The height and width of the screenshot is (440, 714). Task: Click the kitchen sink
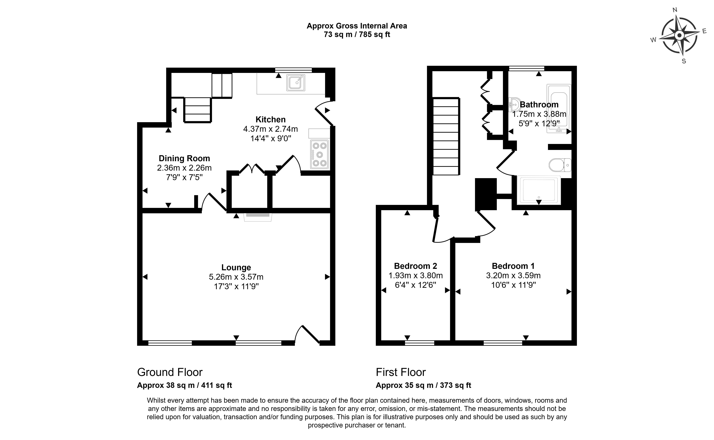[x=296, y=83]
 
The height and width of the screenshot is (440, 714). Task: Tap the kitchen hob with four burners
[x=319, y=154]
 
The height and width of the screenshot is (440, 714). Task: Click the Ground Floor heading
[x=170, y=372]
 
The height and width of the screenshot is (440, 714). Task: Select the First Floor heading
[x=401, y=372]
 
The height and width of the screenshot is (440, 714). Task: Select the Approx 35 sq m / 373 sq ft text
[x=423, y=385]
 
